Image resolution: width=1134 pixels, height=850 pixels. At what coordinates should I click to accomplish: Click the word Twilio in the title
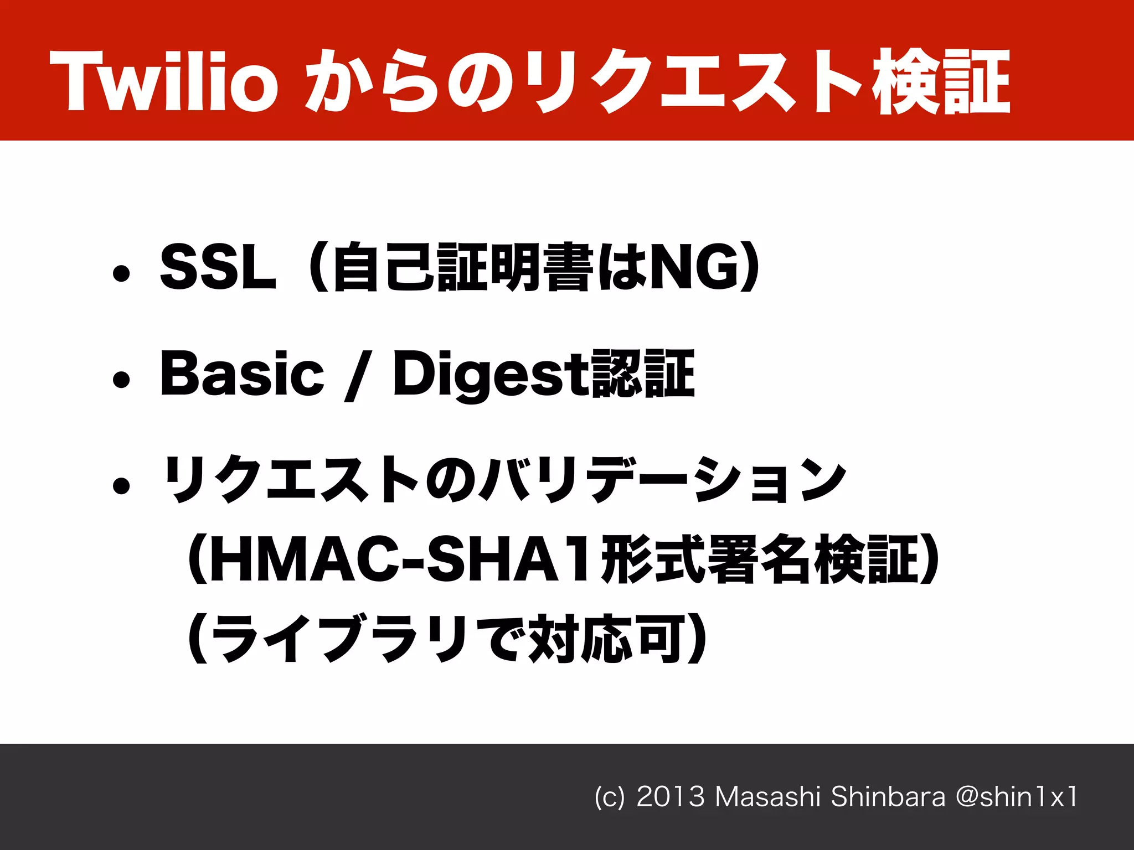click(x=163, y=81)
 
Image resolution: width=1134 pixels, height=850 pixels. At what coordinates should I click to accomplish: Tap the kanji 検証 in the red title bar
click(x=941, y=81)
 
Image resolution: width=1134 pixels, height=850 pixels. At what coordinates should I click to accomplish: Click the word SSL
click(x=218, y=268)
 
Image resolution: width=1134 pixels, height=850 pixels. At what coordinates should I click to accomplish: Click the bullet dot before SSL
click(x=121, y=273)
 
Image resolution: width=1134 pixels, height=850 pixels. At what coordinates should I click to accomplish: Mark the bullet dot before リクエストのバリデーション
click(x=121, y=485)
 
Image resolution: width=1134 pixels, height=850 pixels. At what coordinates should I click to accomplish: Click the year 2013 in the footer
click(x=670, y=797)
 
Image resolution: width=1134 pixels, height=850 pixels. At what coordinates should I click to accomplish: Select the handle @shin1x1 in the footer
click(x=1017, y=797)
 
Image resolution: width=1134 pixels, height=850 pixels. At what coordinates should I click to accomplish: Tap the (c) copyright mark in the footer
click(x=609, y=797)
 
